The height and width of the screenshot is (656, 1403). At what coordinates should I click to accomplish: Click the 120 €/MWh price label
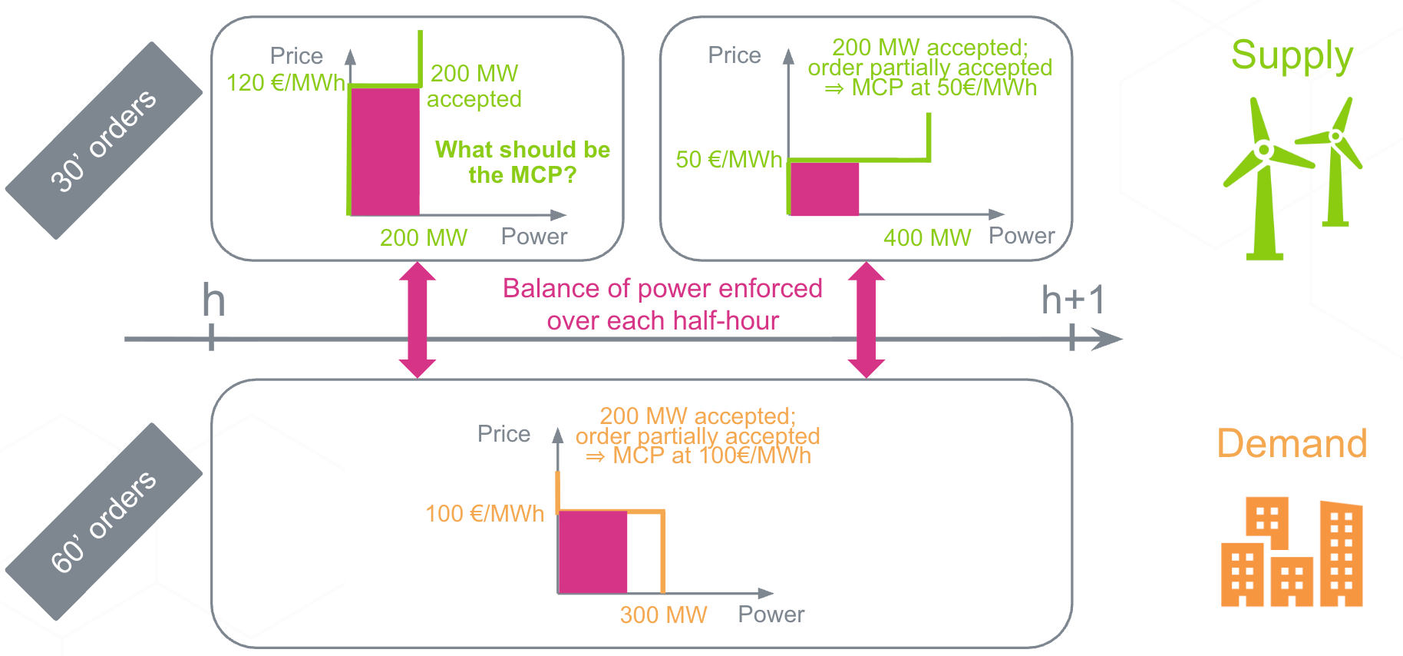pos(285,83)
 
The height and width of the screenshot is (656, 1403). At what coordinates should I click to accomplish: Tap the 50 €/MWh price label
pos(728,160)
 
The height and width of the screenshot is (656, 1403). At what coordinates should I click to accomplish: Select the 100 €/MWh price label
pos(484,514)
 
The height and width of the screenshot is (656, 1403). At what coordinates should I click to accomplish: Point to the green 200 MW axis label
pos(423,238)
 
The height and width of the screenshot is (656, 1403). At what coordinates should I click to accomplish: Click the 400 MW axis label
pos(926,238)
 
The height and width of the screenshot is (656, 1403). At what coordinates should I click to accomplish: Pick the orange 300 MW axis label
pos(663,615)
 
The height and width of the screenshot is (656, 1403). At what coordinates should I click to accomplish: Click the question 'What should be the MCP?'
pos(523,162)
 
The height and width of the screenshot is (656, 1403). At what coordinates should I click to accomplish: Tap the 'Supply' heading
pos(1292,55)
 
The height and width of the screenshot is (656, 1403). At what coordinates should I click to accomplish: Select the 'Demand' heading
pos(1292,444)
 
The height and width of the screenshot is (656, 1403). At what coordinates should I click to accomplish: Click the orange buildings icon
pos(1292,553)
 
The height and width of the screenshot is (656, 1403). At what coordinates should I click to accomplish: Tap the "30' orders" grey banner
pos(104,141)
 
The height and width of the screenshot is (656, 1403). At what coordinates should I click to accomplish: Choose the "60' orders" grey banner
pos(104,522)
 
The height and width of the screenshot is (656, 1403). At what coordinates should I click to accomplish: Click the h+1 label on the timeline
pos(1072,300)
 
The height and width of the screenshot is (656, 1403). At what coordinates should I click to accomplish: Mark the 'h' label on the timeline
pos(213,300)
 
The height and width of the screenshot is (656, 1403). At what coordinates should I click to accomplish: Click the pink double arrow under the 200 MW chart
pos(418,320)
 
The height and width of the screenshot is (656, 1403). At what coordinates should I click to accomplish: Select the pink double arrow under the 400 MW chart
pos(867,320)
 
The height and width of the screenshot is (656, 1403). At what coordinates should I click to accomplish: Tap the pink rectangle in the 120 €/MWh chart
pos(385,151)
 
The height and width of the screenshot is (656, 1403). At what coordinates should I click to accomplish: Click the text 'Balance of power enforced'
pos(662,289)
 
